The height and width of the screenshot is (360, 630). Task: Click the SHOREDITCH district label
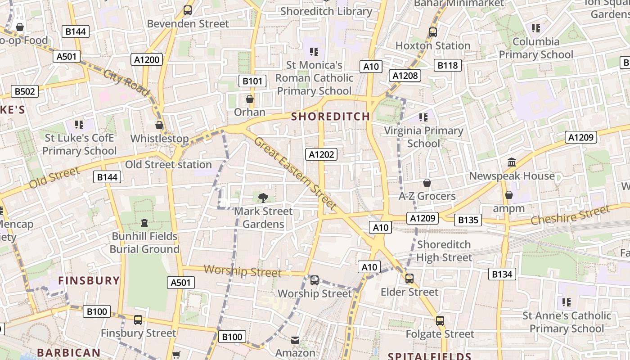[330, 117]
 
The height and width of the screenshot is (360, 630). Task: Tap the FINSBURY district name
[89, 281]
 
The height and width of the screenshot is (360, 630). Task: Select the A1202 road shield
[321, 155]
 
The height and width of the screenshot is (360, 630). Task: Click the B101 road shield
[252, 81]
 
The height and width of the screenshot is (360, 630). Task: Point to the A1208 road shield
[405, 76]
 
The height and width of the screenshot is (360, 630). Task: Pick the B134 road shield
[502, 274]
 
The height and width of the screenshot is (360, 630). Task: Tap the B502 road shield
[25, 91]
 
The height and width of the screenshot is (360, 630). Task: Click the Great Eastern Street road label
[295, 173]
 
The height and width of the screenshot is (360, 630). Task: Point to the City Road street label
[126, 82]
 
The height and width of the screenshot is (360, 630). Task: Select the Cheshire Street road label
[571, 215]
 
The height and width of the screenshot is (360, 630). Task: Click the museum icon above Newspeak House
[511, 162]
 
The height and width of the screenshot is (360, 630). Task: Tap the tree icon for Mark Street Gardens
[263, 198]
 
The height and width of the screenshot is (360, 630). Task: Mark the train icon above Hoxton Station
[432, 32]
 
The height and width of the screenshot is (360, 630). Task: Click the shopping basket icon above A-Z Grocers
[427, 183]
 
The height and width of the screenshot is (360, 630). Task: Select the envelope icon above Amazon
[295, 340]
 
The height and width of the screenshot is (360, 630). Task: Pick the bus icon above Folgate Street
[440, 321]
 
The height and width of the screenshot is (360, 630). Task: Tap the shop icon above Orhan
[250, 99]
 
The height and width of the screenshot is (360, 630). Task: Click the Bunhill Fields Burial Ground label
[144, 243]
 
